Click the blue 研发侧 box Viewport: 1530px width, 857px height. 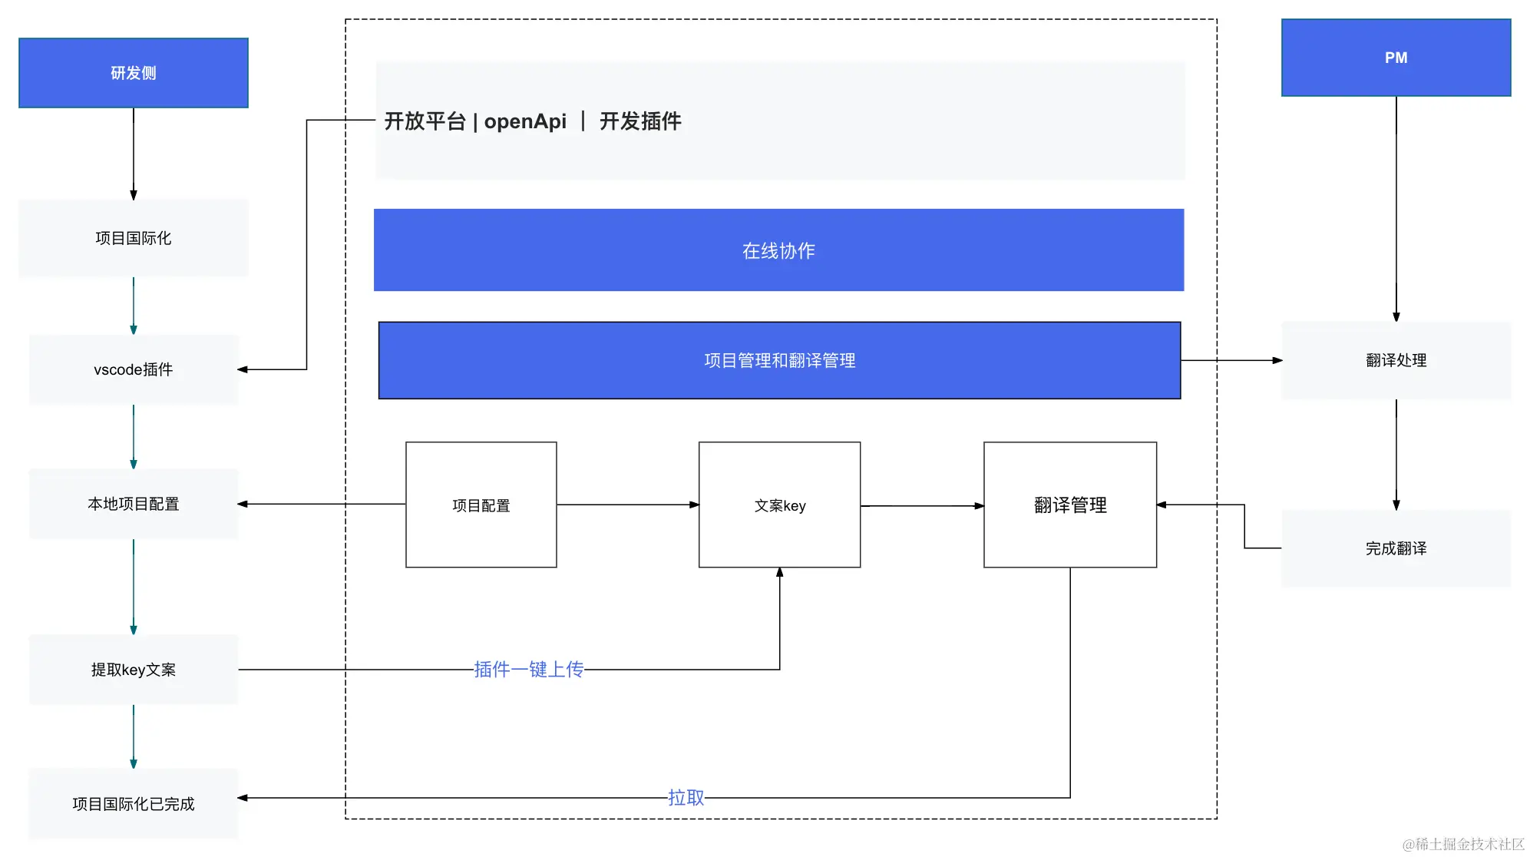point(134,73)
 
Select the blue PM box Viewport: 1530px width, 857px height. point(1396,58)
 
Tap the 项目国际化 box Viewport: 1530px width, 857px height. point(134,238)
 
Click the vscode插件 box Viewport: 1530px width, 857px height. point(134,369)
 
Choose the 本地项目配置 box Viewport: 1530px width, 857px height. point(134,504)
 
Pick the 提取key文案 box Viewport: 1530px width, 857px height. point(134,670)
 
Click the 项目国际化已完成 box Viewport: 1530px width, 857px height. point(134,804)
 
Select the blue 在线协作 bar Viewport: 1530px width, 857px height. point(778,250)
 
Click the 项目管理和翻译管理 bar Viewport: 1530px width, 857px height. point(779,360)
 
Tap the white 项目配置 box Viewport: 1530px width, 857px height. point(481,505)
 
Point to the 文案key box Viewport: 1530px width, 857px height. point(779,505)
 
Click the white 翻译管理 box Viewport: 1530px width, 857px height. point(1070,505)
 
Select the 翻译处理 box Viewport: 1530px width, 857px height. point(1396,360)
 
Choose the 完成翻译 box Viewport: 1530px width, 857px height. point(1396,548)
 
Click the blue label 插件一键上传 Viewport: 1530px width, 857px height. point(529,670)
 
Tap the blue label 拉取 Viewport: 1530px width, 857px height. point(686,798)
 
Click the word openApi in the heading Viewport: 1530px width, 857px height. point(525,121)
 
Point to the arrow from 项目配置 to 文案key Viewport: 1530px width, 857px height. point(627,505)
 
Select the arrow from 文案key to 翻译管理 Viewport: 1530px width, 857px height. point(922,506)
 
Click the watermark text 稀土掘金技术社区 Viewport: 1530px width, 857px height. point(1469,844)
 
